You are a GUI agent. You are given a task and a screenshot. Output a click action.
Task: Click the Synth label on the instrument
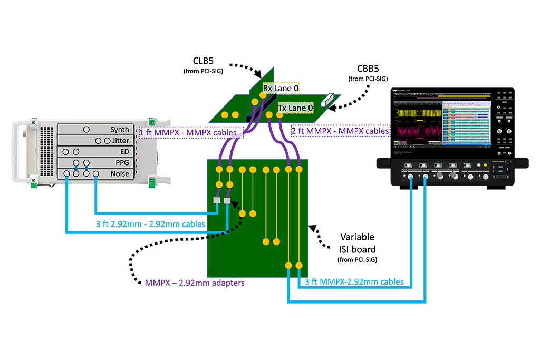[119, 130]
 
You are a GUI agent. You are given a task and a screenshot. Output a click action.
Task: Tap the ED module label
[124, 152]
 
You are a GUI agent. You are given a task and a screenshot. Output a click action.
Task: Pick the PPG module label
[121, 163]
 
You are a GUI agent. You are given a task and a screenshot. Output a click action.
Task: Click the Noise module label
[119, 174]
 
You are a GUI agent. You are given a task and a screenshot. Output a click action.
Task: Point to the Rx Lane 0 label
[281, 89]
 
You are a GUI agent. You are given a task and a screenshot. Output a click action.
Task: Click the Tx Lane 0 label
[295, 108]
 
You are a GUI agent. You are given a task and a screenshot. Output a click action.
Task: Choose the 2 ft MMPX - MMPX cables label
[340, 130]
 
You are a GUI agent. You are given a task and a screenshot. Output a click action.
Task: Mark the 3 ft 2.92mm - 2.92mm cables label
[150, 224]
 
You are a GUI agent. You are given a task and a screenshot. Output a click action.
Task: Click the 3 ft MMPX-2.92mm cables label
[354, 282]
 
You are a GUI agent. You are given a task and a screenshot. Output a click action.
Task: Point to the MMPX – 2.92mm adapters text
[195, 283]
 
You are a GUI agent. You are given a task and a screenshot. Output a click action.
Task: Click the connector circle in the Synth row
[86, 129]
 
